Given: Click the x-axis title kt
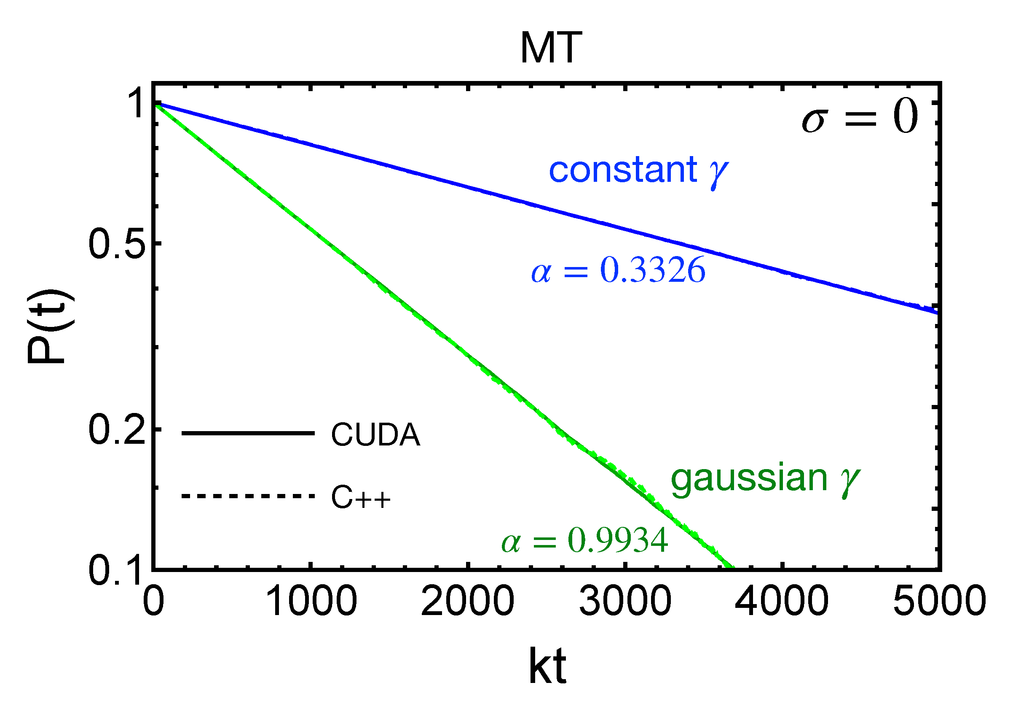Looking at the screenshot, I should pyautogui.click(x=547, y=667).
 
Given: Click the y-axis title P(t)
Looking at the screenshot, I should pyautogui.click(x=49, y=327).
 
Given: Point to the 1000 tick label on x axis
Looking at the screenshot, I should pyautogui.click(x=311, y=602).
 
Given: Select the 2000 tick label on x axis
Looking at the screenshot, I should pyautogui.click(x=468, y=602).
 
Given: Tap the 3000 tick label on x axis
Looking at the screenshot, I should pyautogui.click(x=625, y=602).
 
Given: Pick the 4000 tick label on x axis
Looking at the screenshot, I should pyautogui.click(x=782, y=602).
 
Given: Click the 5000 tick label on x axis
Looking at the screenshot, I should pyautogui.click(x=939, y=602).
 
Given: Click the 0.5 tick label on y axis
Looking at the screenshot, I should pyautogui.click(x=117, y=244).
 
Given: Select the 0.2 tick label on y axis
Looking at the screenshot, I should pyautogui.click(x=117, y=431).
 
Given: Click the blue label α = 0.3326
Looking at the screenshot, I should pyautogui.click(x=618, y=270).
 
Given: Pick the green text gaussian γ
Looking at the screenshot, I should pyautogui.click(x=765, y=479).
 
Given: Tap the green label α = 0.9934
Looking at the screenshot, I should pyautogui.click(x=584, y=540).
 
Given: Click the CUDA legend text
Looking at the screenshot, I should pyautogui.click(x=375, y=435).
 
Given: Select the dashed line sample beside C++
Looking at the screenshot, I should pyautogui.click(x=247, y=497).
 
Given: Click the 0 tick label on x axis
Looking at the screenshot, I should pyautogui.click(x=153, y=602).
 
